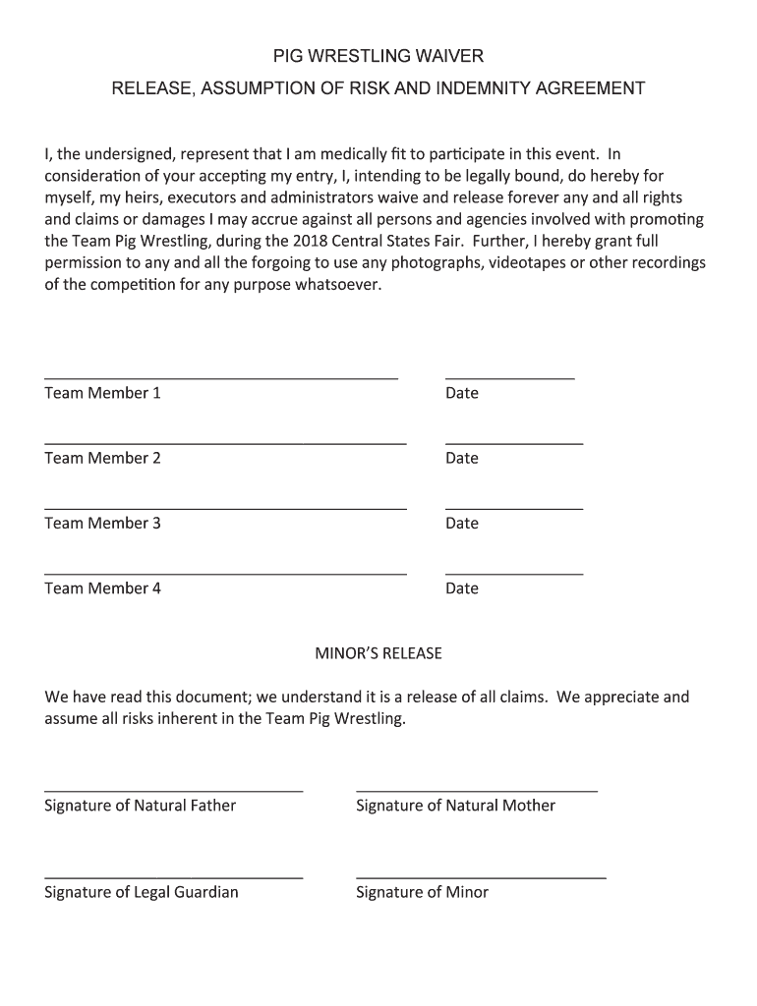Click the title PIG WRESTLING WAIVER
coord(378,56)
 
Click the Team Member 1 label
coord(102,393)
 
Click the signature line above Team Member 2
coord(225,444)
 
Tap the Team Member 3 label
coord(102,523)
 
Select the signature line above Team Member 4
coord(225,574)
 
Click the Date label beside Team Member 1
coord(462,393)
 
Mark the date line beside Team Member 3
coord(514,509)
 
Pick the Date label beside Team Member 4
coord(462,588)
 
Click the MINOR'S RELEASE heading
coord(378,653)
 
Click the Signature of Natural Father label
coord(141,806)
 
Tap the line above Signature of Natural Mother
coord(477,791)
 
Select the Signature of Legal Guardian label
coord(142,892)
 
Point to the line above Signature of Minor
coord(481,877)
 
